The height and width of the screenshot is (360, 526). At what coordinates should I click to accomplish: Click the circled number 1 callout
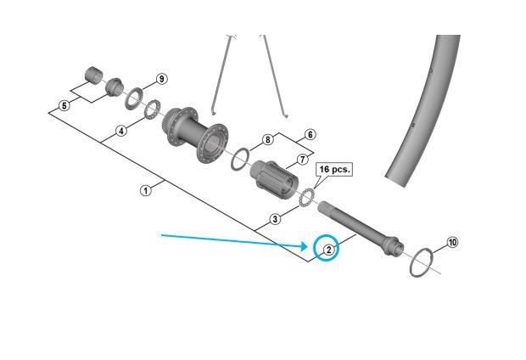[146, 190]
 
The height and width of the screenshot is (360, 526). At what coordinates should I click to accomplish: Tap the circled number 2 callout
[327, 249]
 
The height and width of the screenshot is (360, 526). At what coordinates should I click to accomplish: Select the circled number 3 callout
[275, 219]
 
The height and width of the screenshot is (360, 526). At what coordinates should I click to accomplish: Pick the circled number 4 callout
[121, 131]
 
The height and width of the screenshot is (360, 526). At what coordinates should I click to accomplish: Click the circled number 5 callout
[64, 106]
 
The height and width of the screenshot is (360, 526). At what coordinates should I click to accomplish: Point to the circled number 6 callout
[310, 134]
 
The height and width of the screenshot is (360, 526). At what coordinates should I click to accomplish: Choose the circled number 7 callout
[302, 159]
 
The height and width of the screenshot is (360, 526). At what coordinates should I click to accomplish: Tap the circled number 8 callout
[267, 139]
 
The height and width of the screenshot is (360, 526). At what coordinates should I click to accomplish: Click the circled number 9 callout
[161, 79]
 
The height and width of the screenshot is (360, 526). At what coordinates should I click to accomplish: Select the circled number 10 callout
[452, 243]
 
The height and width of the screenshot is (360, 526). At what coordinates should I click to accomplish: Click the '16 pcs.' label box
[333, 170]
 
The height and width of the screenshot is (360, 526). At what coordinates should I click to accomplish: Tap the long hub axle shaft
[356, 225]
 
